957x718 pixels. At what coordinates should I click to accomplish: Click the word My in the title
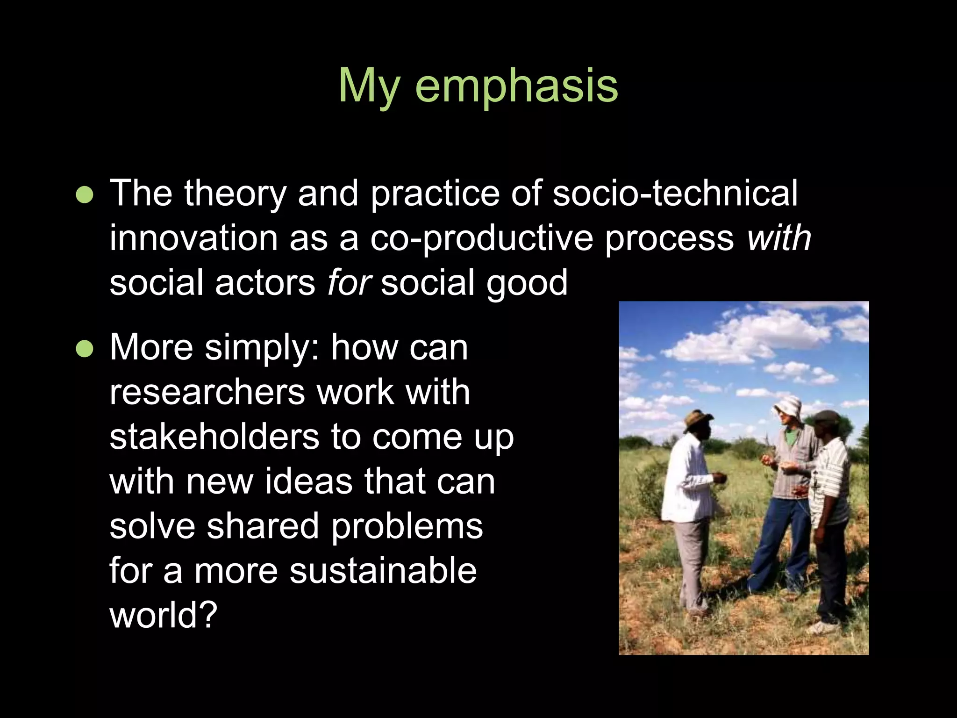[369, 86]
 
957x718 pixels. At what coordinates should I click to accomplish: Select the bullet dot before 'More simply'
[85, 348]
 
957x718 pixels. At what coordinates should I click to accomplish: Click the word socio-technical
[675, 193]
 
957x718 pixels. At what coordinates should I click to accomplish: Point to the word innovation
[193, 238]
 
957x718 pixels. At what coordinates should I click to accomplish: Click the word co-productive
[481, 239]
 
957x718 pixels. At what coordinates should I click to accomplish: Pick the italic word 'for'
[349, 282]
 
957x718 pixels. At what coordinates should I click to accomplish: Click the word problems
[407, 527]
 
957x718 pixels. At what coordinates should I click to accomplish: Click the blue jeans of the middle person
[778, 542]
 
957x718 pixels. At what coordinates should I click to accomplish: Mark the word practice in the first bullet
[435, 194]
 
